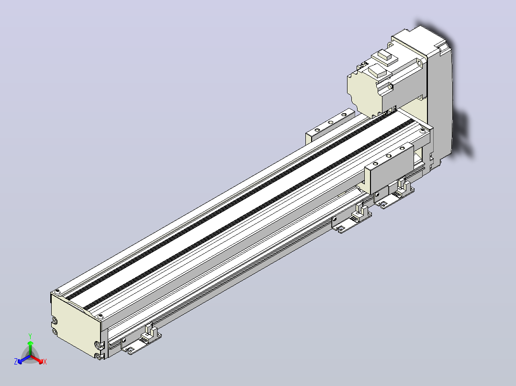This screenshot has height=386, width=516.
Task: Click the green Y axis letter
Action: point(30,336)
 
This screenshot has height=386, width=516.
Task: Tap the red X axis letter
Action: point(45,362)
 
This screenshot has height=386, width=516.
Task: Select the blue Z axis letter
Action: point(16,361)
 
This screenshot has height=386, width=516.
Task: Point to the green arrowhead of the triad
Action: point(30,343)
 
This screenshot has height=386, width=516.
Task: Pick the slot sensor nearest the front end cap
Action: point(142,340)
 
